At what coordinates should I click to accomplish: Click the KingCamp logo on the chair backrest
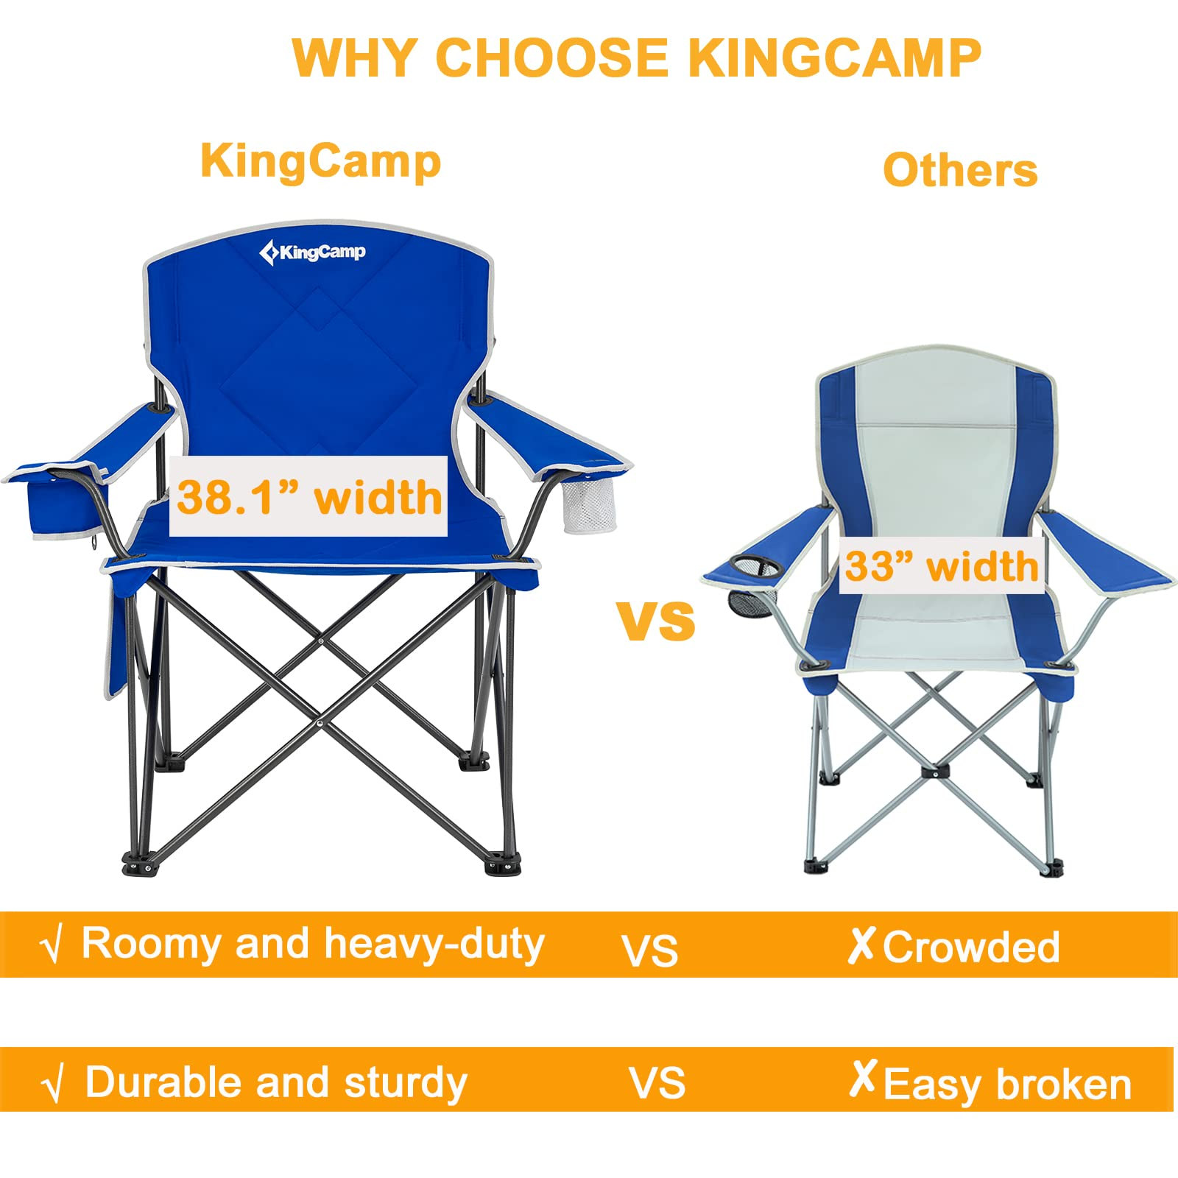tap(312, 253)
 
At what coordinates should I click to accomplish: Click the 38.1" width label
tap(308, 497)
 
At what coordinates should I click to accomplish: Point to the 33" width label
tap(942, 566)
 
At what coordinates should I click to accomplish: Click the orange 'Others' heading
tap(960, 170)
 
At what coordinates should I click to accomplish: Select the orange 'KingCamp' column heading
tap(321, 161)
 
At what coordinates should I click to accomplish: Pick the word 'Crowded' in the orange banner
tap(971, 947)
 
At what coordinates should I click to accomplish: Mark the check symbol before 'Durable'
tap(52, 1084)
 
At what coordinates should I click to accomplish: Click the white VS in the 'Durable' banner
tap(657, 1084)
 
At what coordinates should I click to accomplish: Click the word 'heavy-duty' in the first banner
tap(434, 945)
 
